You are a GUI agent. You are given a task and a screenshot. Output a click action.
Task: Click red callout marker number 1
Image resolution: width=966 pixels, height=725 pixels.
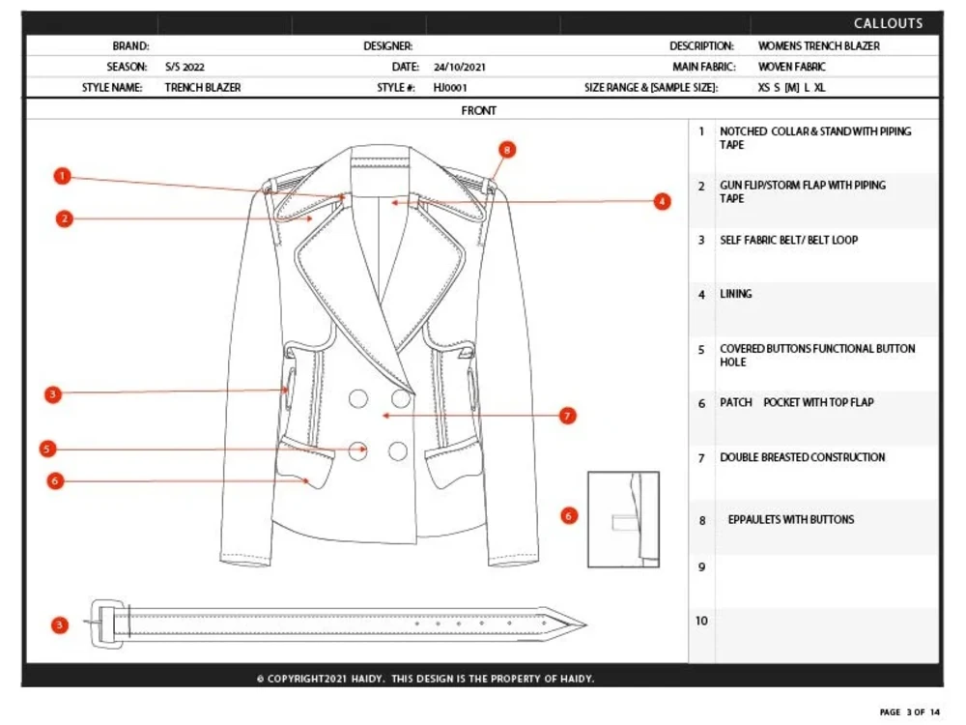click(x=63, y=176)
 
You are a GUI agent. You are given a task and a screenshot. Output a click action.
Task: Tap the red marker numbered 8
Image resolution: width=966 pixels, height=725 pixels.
click(x=507, y=149)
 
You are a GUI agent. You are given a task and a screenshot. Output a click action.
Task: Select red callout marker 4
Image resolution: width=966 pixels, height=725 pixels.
click(x=662, y=201)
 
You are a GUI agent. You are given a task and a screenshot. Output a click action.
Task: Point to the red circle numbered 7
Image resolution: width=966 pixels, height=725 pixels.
click(x=568, y=416)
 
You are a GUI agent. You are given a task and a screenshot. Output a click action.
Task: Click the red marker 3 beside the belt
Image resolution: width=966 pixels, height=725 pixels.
click(x=60, y=624)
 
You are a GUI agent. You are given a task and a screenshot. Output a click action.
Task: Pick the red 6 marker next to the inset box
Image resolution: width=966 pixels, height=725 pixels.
click(x=568, y=516)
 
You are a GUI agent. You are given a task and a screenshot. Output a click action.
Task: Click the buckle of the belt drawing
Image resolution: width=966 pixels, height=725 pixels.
click(x=106, y=619)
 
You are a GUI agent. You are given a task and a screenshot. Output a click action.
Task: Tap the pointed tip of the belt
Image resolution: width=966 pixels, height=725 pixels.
click(x=580, y=623)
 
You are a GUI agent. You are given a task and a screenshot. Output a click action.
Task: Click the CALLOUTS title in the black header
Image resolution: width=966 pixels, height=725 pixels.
click(x=888, y=23)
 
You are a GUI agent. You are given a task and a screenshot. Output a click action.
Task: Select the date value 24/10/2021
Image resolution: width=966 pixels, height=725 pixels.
click(x=460, y=67)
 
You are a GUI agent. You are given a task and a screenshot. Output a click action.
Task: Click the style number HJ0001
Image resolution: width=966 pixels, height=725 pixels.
click(x=450, y=87)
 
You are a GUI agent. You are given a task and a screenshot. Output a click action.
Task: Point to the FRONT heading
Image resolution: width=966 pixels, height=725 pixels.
click(x=479, y=110)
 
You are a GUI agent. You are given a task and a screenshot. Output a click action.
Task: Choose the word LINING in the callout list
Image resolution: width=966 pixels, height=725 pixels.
click(x=736, y=294)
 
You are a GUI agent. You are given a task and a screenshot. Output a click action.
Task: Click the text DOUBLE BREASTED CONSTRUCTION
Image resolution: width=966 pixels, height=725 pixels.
click(x=802, y=457)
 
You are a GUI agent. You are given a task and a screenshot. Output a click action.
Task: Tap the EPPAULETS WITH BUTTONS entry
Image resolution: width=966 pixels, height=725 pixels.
click(x=790, y=519)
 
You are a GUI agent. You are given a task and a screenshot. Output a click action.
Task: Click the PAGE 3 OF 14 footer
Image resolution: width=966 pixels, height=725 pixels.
click(x=909, y=712)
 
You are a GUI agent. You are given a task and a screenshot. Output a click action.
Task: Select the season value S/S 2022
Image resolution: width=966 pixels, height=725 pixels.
click(x=185, y=67)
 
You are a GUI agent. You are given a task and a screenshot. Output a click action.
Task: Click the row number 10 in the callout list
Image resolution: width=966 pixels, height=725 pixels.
click(x=701, y=621)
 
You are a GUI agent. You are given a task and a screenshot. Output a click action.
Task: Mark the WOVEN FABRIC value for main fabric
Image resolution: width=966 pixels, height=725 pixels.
click(x=791, y=67)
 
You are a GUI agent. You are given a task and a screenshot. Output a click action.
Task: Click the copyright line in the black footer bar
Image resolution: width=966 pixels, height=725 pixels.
click(x=425, y=679)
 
